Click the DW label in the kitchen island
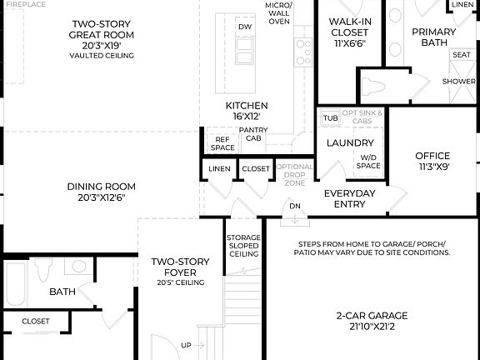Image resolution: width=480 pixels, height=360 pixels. [x=244, y=27]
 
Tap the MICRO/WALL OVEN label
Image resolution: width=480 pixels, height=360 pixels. [x=278, y=14]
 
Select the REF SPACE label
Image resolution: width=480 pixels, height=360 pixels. [x=222, y=143]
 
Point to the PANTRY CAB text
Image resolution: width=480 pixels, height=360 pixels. [x=252, y=134]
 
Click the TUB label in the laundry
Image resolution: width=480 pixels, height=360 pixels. [x=331, y=117]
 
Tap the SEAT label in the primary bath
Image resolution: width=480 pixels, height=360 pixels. [x=461, y=54]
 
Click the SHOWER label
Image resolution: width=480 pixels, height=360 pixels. [x=459, y=82]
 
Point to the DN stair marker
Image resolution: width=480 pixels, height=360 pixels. [x=294, y=207]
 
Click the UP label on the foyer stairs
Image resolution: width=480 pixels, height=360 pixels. [x=186, y=345]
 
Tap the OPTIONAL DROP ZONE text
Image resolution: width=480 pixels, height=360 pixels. [x=294, y=173]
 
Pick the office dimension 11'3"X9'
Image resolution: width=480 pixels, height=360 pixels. [x=432, y=167]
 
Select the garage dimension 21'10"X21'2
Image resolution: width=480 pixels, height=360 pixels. [x=372, y=327]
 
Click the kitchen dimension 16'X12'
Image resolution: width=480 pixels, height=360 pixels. [x=247, y=117]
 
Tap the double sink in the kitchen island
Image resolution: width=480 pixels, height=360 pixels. [x=245, y=52]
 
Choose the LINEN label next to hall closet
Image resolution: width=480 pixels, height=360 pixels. [x=219, y=169]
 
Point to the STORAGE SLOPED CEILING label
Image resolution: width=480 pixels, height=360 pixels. [x=243, y=247]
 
